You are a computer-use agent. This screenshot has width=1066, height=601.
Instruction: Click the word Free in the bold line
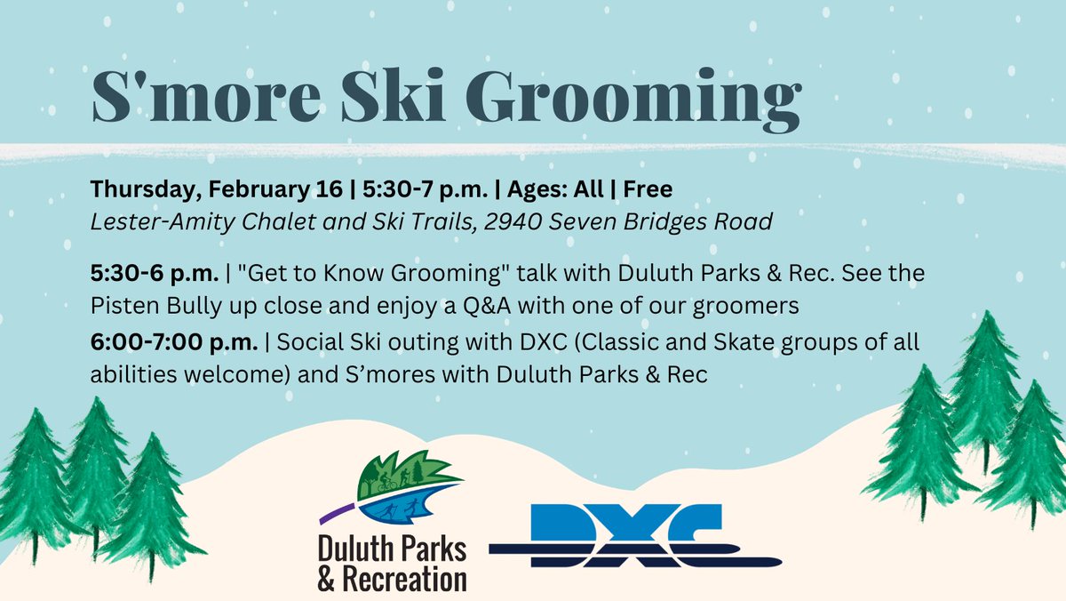tap(648, 190)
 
